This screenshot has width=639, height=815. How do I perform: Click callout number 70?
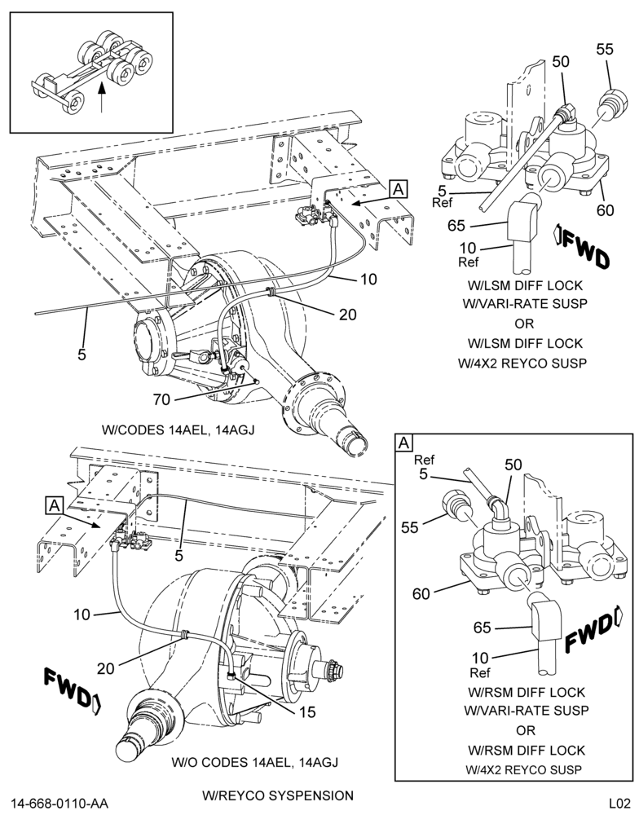[x=161, y=399]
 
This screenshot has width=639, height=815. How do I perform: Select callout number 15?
[x=307, y=711]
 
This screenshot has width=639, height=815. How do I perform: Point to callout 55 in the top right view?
[x=605, y=49]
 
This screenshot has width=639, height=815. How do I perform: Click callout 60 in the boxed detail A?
[x=421, y=593]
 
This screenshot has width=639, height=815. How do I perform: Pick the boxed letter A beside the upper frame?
[x=399, y=189]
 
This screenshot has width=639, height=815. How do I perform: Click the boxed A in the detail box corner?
[x=404, y=443]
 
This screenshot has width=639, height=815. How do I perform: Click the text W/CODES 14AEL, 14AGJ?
[x=178, y=430]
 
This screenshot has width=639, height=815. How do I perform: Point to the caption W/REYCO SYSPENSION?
[x=278, y=795]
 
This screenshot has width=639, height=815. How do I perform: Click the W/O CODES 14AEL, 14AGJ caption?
[x=255, y=762]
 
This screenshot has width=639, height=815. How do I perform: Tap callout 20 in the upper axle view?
[x=348, y=314]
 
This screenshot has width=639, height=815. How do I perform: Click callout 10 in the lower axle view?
[x=82, y=615]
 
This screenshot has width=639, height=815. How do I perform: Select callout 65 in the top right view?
[x=456, y=226]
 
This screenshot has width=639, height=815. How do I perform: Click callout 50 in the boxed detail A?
[x=513, y=465]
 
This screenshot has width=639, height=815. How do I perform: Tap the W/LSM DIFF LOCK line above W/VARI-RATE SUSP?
[x=525, y=285]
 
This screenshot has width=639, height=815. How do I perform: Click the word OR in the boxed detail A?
[x=525, y=730]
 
